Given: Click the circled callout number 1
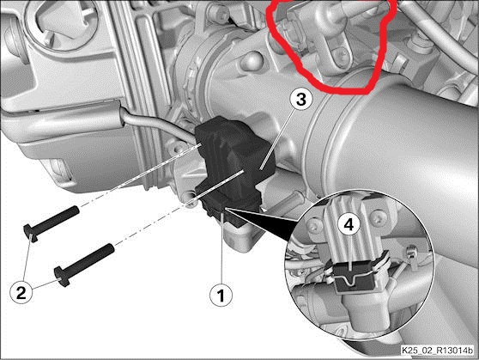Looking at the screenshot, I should click(x=221, y=297).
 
